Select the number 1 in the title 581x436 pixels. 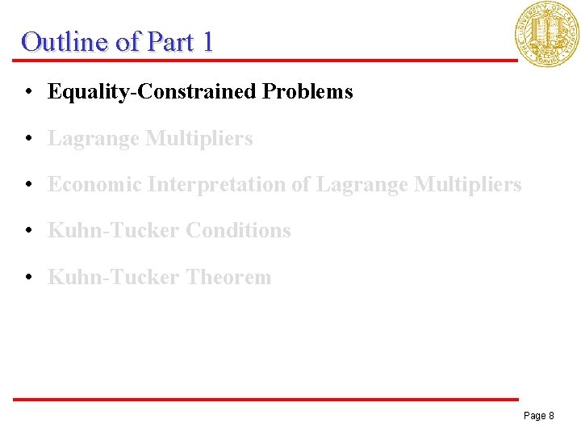click(207, 41)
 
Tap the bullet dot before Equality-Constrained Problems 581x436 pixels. click(28, 92)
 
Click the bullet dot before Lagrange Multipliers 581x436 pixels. click(28, 139)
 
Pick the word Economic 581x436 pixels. click(94, 185)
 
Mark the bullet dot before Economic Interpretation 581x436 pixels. click(28, 185)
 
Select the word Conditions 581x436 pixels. click(238, 231)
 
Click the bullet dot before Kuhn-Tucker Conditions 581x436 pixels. click(28, 231)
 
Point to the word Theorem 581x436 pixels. click(228, 278)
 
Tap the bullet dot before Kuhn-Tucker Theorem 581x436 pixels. click(28, 278)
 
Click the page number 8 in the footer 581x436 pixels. click(550, 416)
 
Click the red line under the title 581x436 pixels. click(266, 60)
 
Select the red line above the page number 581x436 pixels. click(266, 399)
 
